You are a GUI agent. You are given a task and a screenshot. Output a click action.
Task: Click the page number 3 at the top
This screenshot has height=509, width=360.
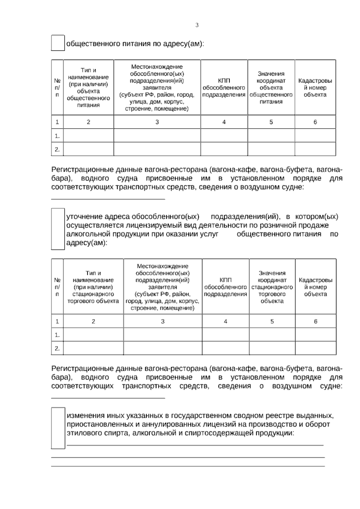[x=197, y=25]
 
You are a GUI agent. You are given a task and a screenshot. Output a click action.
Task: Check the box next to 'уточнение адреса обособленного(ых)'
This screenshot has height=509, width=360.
[x=58, y=229]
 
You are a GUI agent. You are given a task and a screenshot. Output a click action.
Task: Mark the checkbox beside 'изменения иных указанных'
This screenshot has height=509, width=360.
[x=58, y=428]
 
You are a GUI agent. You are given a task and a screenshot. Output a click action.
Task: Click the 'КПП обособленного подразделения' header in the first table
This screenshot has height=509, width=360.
[x=224, y=88]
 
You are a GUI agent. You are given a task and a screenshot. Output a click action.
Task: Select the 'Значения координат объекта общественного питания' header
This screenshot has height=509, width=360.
[x=271, y=88]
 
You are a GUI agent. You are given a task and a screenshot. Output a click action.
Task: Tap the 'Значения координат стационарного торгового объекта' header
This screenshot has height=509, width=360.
[x=272, y=287]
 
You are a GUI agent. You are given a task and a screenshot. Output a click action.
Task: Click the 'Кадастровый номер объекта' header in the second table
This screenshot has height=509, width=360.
[x=315, y=287]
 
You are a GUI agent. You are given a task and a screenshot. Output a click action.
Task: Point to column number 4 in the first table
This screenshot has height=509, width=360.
[x=224, y=122]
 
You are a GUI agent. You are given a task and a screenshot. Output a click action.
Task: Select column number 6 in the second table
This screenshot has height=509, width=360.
[x=315, y=321]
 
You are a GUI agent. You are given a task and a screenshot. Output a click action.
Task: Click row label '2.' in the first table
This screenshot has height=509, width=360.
[x=57, y=149]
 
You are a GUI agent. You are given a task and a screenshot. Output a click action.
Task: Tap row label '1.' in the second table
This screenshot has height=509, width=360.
[x=57, y=335]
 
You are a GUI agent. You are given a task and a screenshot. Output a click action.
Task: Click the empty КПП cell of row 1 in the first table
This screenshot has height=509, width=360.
[x=224, y=136]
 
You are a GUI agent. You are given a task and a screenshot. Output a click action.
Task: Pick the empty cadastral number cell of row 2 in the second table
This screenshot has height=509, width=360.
[x=315, y=348]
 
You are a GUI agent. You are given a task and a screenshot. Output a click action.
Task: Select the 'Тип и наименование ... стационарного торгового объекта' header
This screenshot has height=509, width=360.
[x=93, y=287]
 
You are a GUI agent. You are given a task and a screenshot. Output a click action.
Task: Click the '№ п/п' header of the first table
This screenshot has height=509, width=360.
[x=57, y=88]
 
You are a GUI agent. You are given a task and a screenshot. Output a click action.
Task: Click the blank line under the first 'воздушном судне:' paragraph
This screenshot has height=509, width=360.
[x=108, y=199]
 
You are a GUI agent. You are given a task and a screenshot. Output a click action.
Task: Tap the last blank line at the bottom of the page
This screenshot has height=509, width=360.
[x=188, y=466]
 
